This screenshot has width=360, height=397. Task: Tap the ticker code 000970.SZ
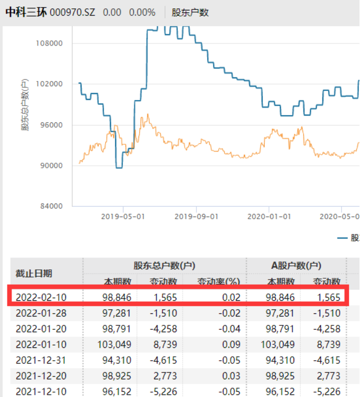72,12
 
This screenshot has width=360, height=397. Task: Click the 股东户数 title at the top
190,12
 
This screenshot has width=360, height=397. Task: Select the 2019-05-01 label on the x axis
122,215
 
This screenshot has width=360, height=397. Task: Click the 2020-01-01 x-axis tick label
268,215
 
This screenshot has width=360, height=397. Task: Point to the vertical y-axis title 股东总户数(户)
25,105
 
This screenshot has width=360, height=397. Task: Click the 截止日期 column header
33,274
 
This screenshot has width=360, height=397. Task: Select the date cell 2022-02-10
41,298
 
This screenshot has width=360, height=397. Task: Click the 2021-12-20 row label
41,376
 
